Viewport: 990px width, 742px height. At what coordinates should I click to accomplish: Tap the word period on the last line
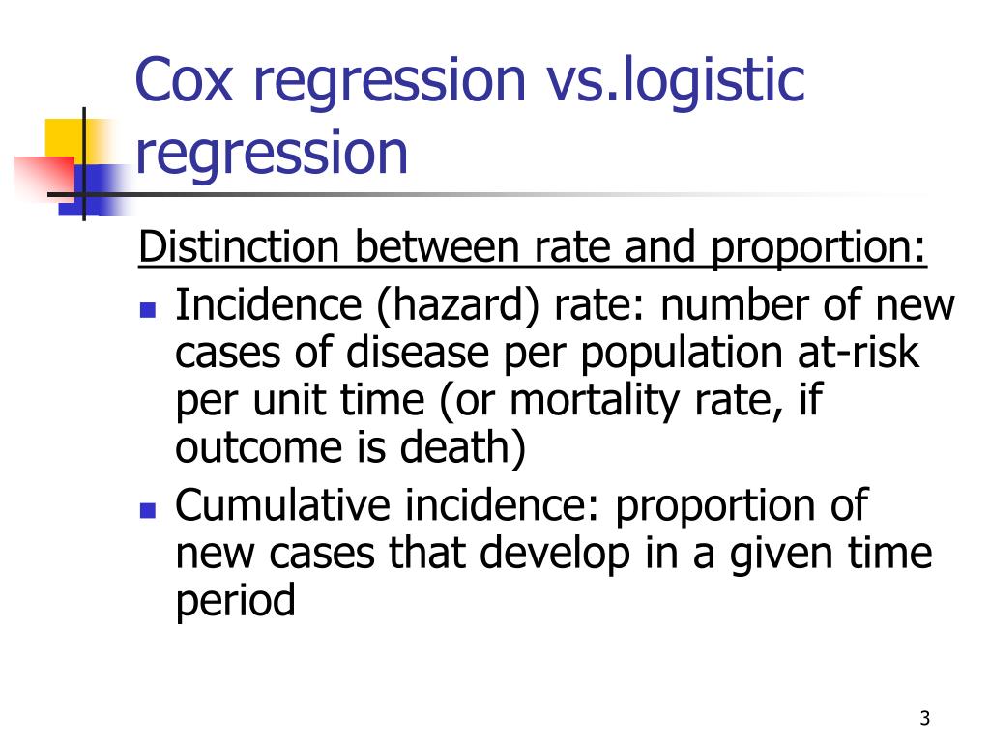tap(235, 601)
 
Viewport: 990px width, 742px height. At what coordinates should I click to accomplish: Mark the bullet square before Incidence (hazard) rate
tap(148, 311)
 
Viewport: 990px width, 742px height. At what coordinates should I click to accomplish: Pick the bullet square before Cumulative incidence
tap(148, 509)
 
